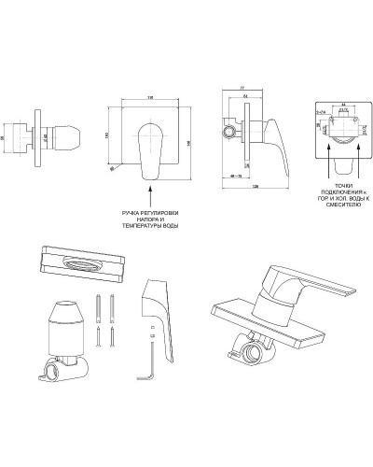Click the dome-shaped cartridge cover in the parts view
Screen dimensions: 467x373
(66, 323)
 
